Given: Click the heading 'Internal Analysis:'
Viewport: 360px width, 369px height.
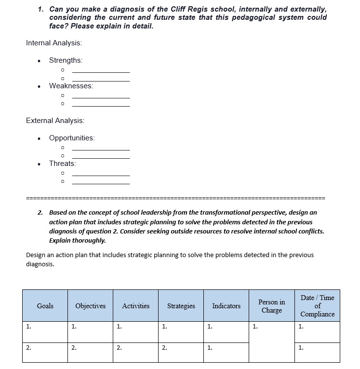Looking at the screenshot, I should pos(54,43).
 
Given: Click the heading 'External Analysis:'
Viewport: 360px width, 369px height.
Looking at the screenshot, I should pos(55,121).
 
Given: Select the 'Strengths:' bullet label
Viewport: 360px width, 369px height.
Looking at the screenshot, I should pos(66,60).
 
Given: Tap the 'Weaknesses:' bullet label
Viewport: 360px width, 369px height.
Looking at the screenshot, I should pos(71,86).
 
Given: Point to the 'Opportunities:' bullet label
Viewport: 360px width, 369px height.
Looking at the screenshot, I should pos(72,138).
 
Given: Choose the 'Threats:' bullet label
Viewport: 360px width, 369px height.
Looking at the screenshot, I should pos(62,164).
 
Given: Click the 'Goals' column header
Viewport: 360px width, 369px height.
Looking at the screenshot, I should pos(45,306).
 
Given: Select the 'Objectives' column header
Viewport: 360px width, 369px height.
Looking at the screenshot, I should pos(90,306).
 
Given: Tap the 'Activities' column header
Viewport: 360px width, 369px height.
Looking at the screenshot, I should pos(135,306).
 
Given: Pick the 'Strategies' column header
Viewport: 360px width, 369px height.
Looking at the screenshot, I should pos(181,306).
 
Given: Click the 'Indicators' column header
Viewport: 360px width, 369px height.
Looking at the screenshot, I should pos(226,306).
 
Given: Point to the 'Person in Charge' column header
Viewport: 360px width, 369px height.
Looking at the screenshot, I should pos(272,306).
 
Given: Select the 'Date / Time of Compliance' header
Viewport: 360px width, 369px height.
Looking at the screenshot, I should pos(317,306).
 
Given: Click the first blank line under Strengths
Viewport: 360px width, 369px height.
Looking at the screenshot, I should pos(101,72).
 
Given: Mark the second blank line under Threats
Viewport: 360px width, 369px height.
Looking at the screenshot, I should pos(101,184).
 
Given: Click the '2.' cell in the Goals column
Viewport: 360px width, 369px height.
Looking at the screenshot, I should pos(45,352).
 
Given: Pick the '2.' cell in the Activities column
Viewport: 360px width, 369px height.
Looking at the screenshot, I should pos(135,352).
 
